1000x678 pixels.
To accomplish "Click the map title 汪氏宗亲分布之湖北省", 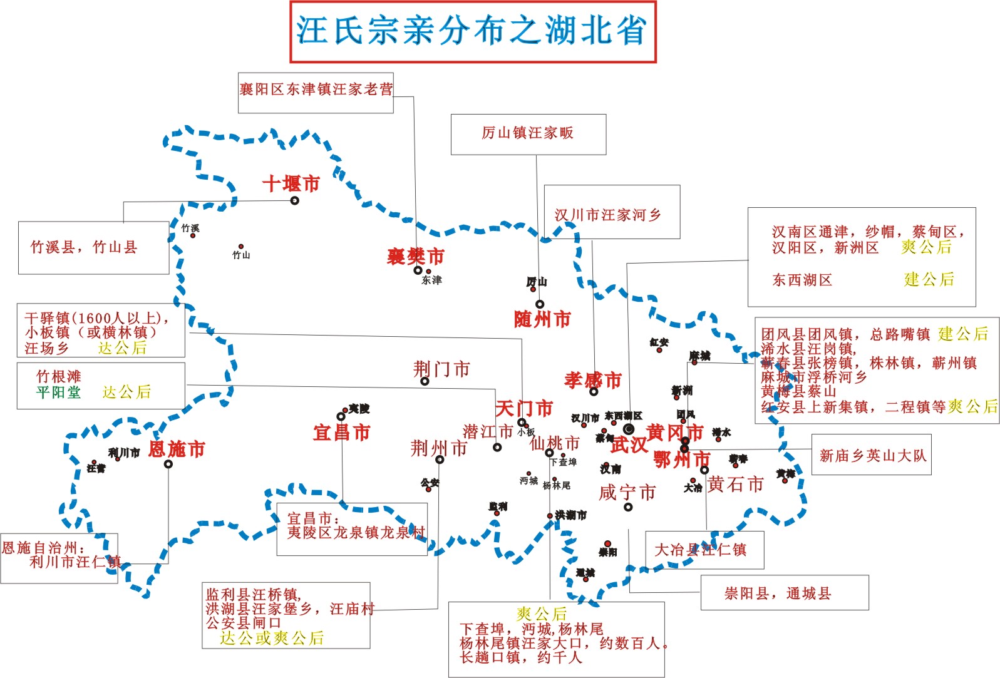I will pyautogui.click(x=473, y=31).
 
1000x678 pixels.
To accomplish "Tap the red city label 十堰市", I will pyautogui.click(x=291, y=184).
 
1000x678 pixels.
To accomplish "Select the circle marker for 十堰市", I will pyautogui.click(x=294, y=200).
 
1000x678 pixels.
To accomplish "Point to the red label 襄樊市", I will pyautogui.click(x=416, y=256).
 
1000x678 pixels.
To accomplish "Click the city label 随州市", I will pyautogui.click(x=542, y=319).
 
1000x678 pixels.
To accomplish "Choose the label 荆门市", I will pyautogui.click(x=441, y=369).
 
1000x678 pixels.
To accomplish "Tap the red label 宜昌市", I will pyautogui.click(x=342, y=433).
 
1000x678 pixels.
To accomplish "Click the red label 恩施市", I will pyautogui.click(x=177, y=449).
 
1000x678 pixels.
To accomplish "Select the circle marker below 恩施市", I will pyautogui.click(x=168, y=464).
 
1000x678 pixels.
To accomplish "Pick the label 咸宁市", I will pyautogui.click(x=627, y=493).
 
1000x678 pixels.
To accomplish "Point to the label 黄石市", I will pyautogui.click(x=736, y=484).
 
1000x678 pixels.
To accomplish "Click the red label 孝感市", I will pyautogui.click(x=593, y=380).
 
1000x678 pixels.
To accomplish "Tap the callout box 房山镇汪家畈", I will pyautogui.click(x=528, y=133).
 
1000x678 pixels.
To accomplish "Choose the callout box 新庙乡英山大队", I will pyautogui.click(x=872, y=456).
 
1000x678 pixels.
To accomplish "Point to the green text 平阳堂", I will pyautogui.click(x=58, y=393).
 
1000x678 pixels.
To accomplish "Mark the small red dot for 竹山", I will pyautogui.click(x=240, y=247).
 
